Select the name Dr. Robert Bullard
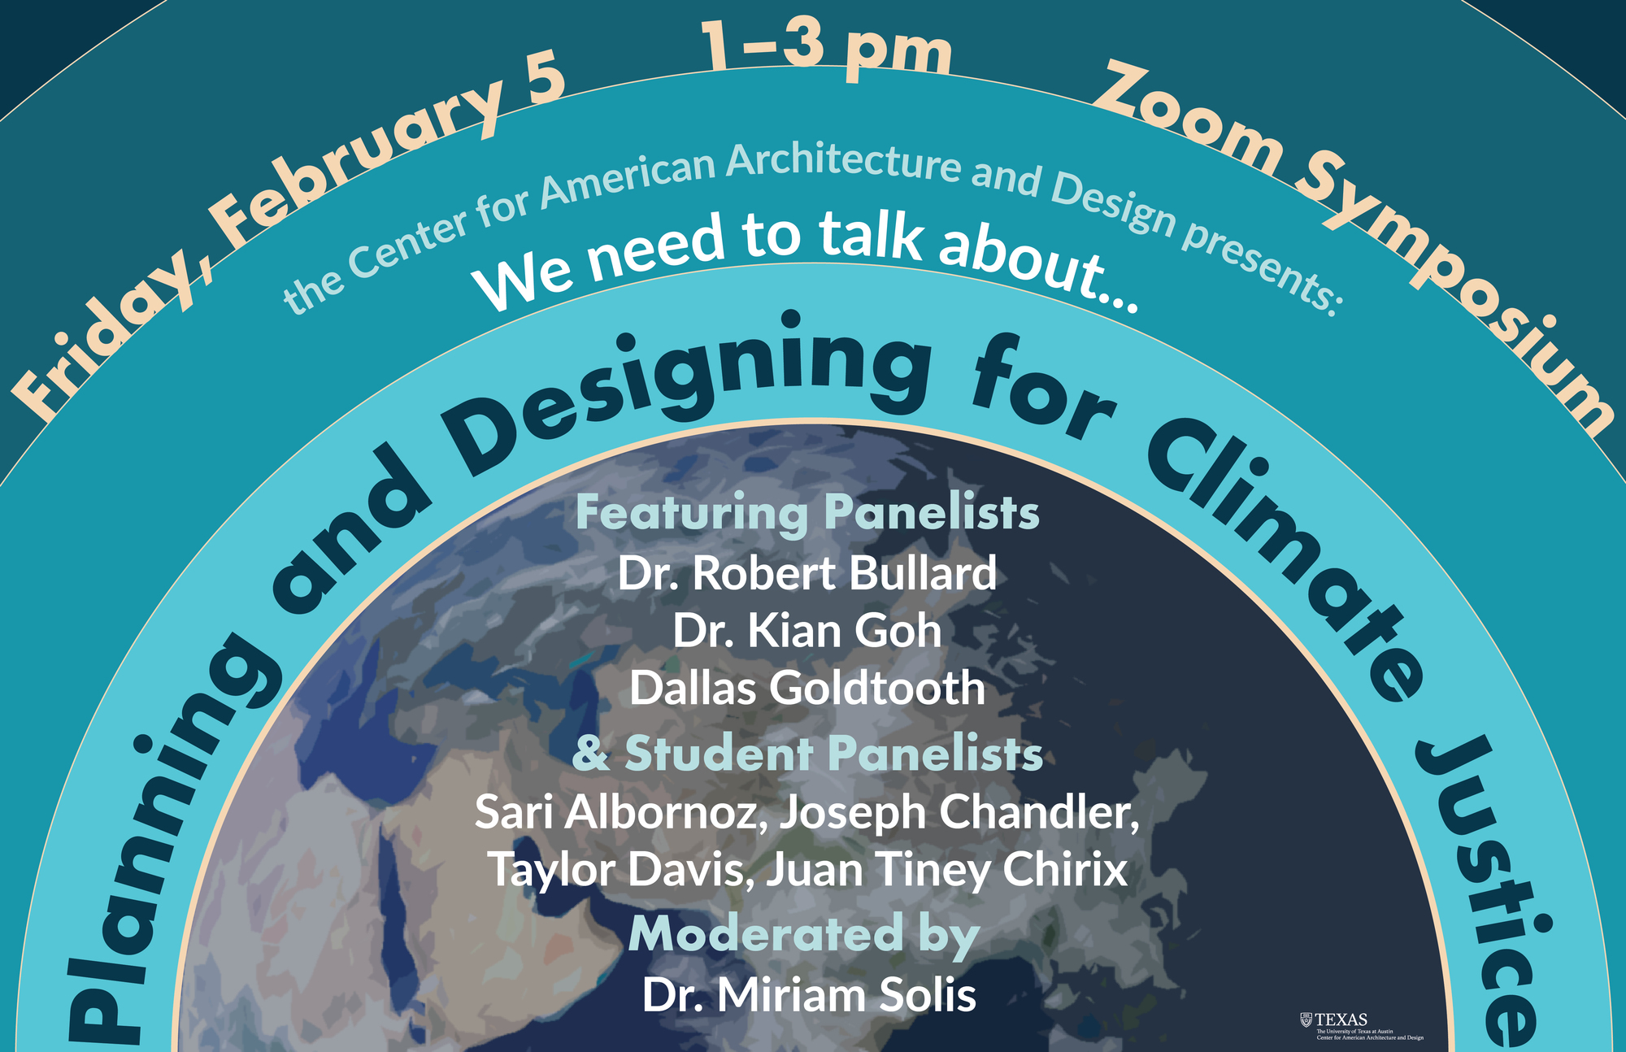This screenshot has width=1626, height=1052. (x=806, y=573)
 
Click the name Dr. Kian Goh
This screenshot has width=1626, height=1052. (x=806, y=631)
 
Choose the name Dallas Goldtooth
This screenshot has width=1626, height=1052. (x=806, y=689)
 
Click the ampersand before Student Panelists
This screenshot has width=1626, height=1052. (x=590, y=754)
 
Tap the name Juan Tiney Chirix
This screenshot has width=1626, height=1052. (x=946, y=870)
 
